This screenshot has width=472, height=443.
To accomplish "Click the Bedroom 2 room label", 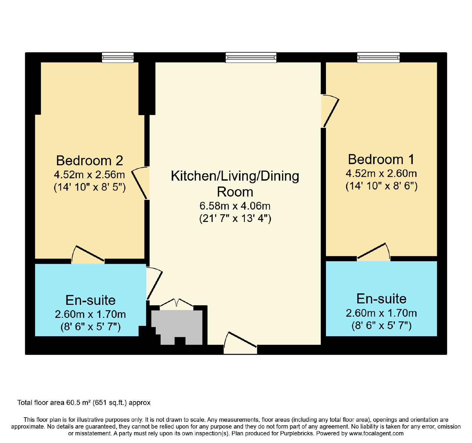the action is pos(89,161).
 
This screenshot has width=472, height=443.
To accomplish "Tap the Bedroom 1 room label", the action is pos(381,159).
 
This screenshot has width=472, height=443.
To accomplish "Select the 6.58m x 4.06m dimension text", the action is pos(235,206).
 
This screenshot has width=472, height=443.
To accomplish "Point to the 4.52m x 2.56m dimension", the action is pos(89,174).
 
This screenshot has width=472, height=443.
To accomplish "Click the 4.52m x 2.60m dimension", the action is pos(381,173).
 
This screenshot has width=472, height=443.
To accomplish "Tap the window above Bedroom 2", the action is pos(118,57).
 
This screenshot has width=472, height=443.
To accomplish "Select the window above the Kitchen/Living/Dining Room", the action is pos(251,57).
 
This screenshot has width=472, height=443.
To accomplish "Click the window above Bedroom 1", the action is pos(378,57).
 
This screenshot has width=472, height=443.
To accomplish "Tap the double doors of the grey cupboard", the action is pos(177,304).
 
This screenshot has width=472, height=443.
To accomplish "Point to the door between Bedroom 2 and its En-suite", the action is pos(88,255).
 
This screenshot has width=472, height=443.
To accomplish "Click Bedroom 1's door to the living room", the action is pos(330,111).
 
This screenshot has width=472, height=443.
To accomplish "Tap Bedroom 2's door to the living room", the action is pos(140,183).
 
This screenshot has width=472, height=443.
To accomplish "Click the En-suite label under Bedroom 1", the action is pos(381,299).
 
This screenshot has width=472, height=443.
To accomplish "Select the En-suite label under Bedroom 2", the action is pos(90,300).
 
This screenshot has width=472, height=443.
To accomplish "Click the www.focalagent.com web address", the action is pos(376,434).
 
